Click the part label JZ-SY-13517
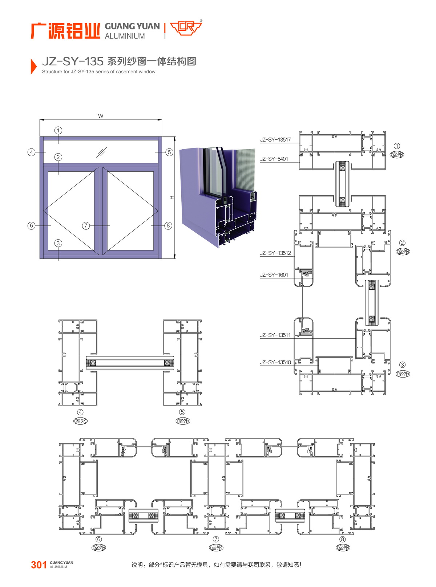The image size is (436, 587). click(x=275, y=140)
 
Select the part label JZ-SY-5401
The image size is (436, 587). click(x=274, y=159)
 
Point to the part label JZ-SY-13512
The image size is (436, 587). click(x=275, y=253)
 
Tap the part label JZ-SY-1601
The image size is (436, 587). click(x=274, y=275)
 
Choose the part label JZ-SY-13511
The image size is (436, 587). click(x=275, y=335)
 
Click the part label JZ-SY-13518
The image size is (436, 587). click(x=275, y=362)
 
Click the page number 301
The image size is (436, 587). click(x=39, y=565)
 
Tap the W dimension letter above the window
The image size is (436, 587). click(x=101, y=116)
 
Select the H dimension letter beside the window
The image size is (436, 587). click(x=172, y=198)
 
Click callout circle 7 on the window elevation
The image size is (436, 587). click(x=86, y=226)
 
